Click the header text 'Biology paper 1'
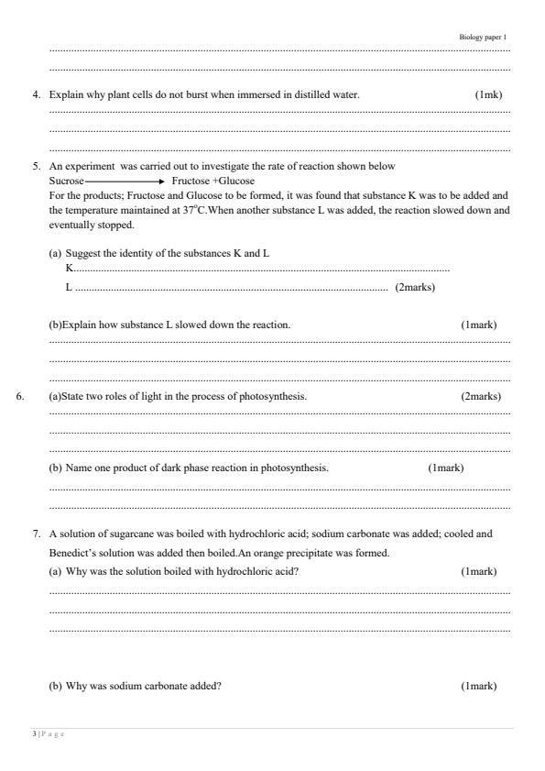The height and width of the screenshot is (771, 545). tap(482, 37)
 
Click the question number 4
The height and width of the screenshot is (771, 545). tap(37, 95)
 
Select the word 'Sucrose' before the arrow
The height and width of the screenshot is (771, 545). tap(66, 182)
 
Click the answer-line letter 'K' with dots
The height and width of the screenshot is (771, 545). tap(70, 269)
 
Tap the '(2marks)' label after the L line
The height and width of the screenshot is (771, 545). tap(414, 287)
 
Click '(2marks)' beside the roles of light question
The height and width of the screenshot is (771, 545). tap(481, 396)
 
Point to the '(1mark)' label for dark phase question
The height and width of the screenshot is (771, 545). tap(445, 468)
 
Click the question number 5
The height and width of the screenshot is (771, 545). tap(37, 167)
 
